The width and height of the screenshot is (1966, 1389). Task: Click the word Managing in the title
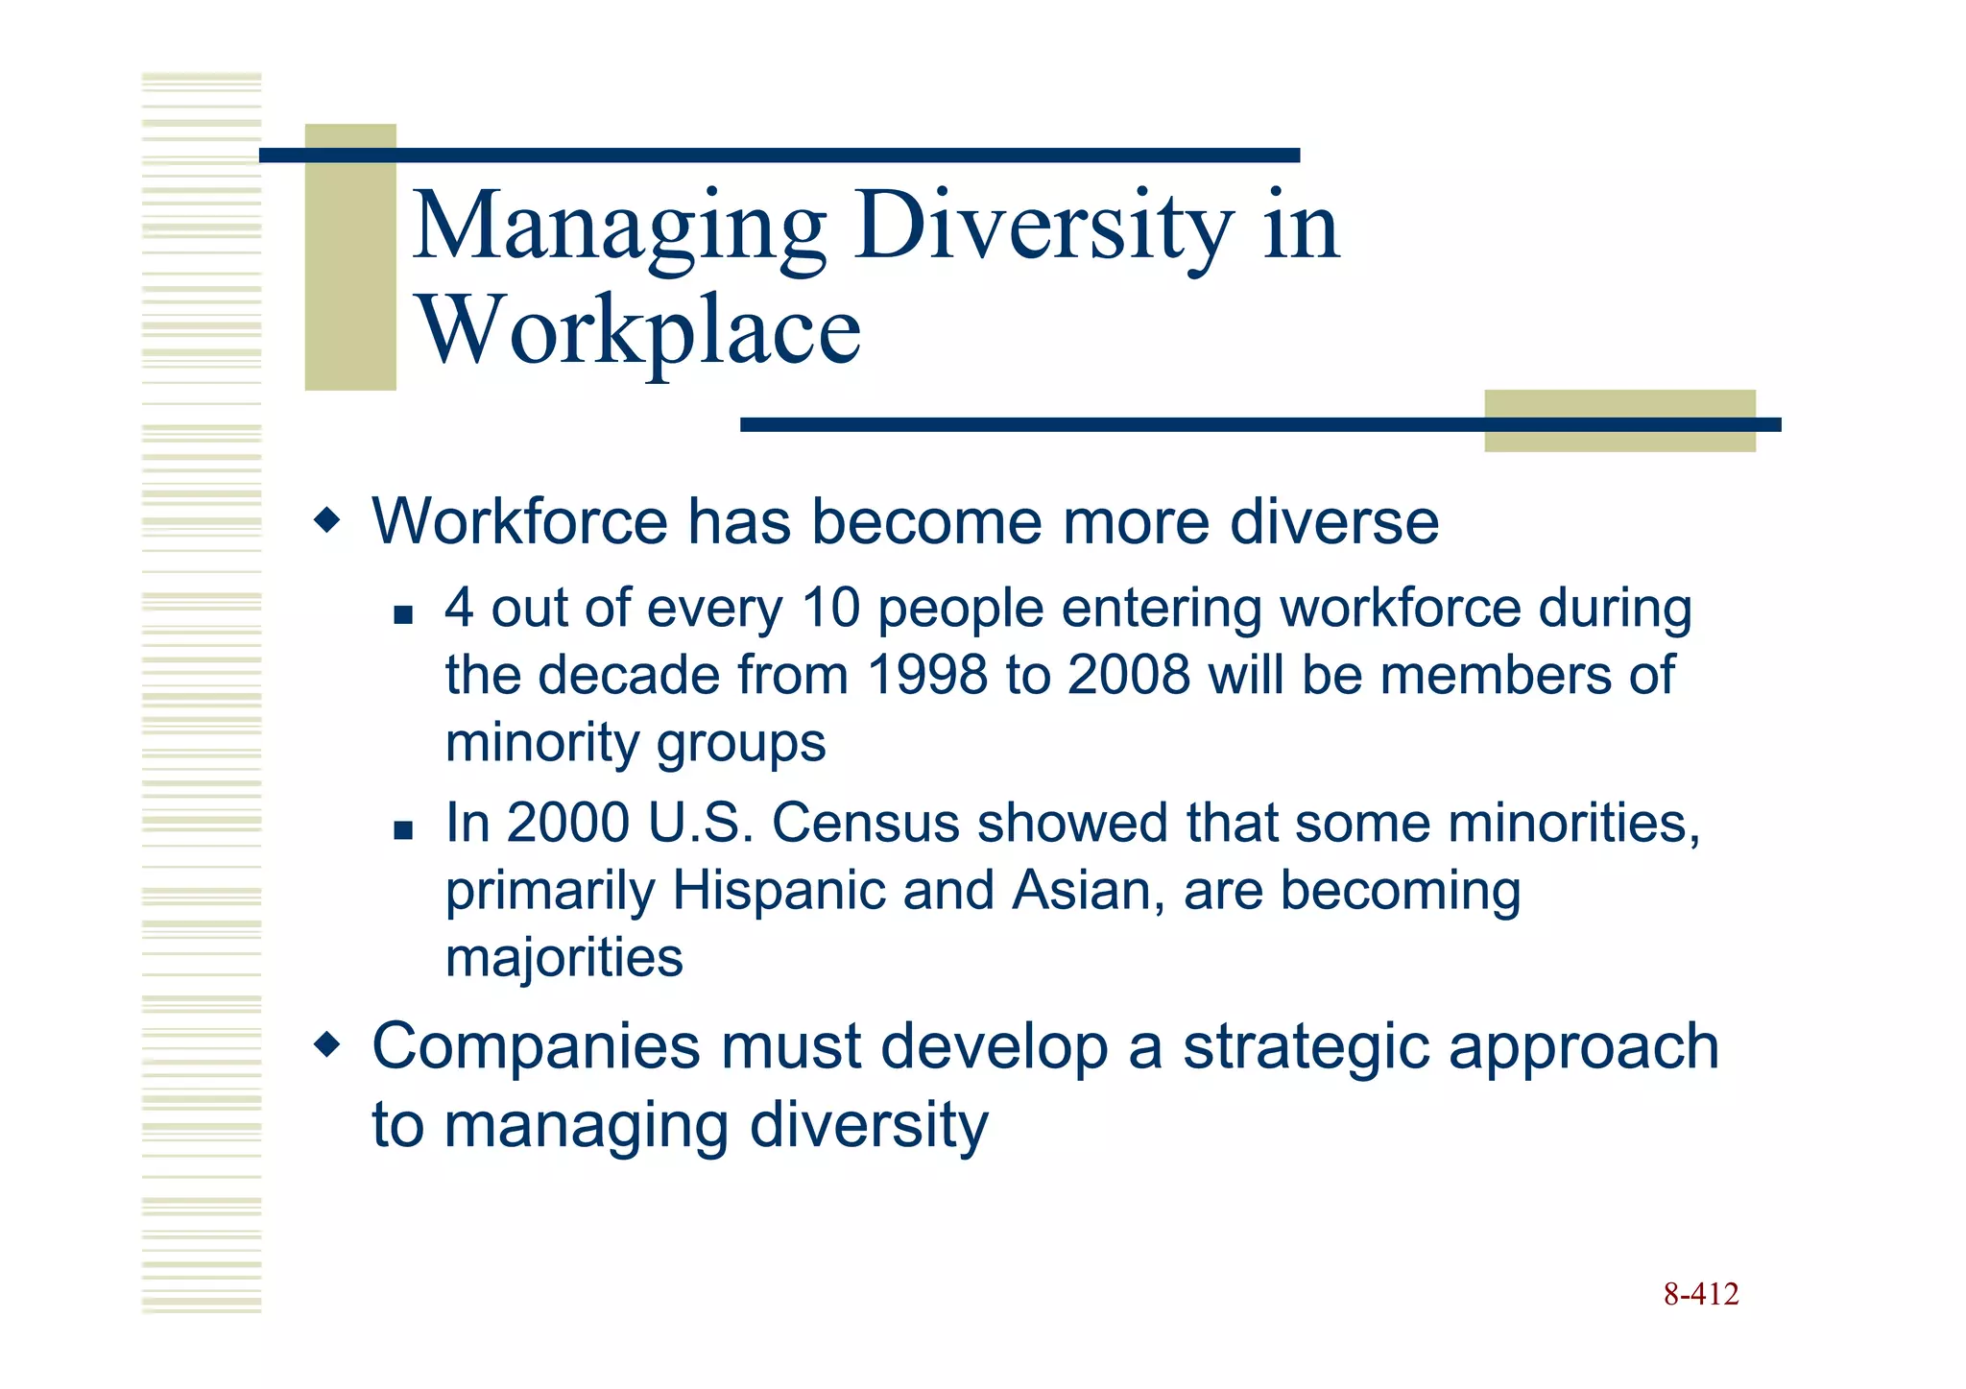[619, 228]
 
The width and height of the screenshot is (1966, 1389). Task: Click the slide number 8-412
[1700, 1295]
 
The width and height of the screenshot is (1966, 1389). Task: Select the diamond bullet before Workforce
[327, 521]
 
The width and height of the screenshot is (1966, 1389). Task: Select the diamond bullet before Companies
[327, 1044]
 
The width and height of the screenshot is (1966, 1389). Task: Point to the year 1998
[926, 675]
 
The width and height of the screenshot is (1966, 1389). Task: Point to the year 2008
[1129, 675]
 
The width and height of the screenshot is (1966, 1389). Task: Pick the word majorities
[563, 958]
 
